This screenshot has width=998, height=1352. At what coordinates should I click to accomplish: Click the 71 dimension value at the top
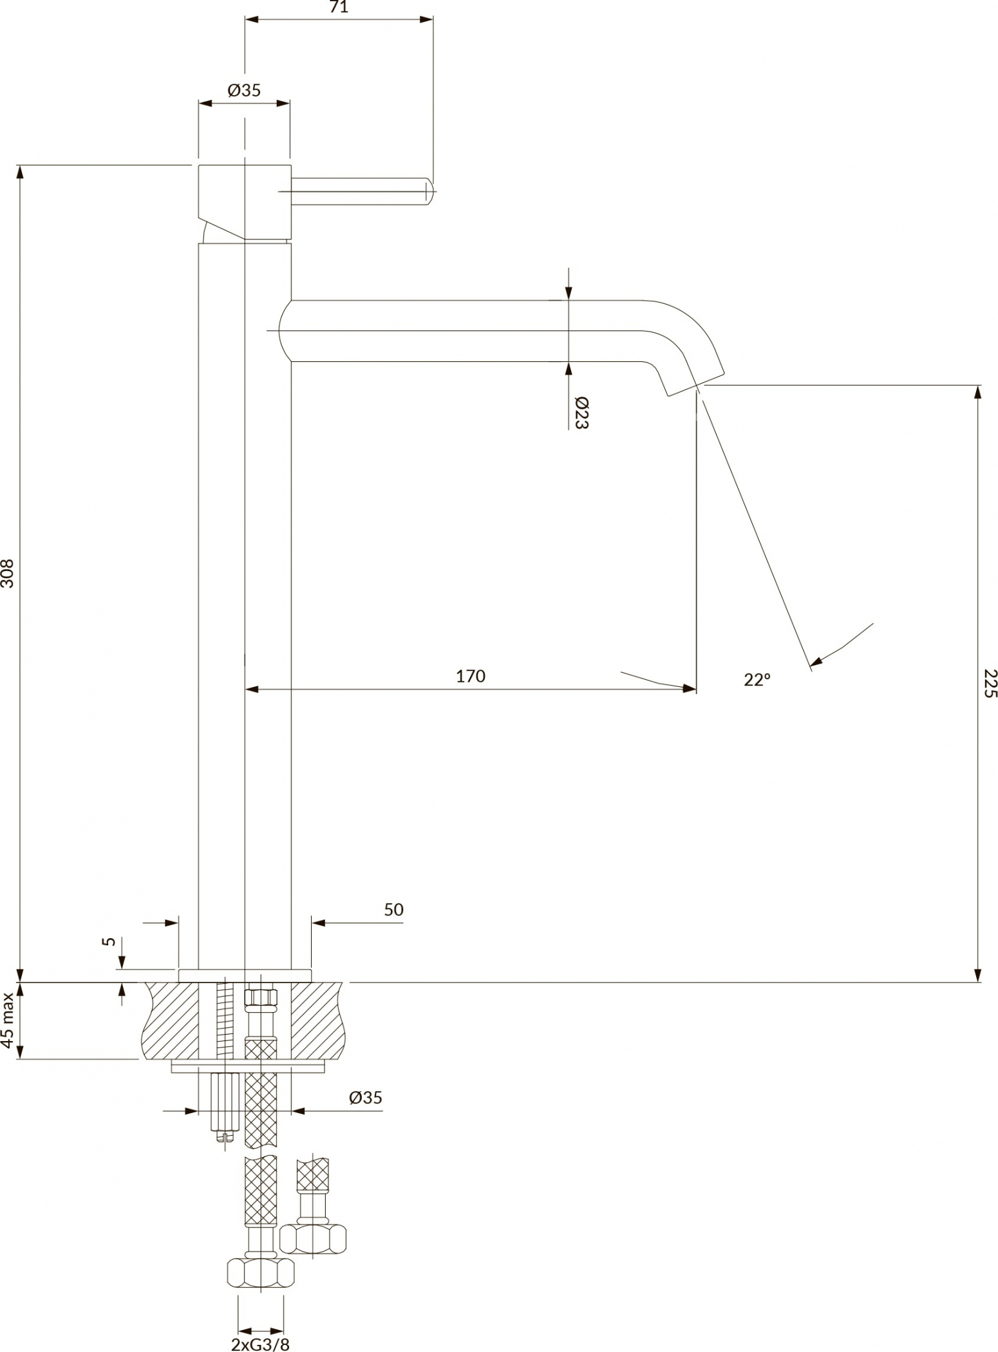coord(339,7)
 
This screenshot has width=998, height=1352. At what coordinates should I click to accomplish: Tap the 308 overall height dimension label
coord(8,572)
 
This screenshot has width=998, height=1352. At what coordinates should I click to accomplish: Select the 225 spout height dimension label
coord(990,684)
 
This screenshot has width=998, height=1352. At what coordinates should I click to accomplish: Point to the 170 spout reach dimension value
coord(471,676)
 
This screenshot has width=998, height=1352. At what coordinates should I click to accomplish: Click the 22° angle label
coord(757,679)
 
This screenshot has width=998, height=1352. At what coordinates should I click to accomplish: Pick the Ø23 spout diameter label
coord(581,413)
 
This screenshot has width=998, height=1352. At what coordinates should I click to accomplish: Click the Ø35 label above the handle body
coord(244,90)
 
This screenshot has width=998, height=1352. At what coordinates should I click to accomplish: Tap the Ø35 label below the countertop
coord(366,1098)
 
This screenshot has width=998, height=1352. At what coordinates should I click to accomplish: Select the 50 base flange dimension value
coord(393,909)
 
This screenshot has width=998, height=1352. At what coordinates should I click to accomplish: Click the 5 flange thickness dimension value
coord(109,941)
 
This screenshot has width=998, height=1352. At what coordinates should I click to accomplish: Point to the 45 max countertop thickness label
coord(8,1020)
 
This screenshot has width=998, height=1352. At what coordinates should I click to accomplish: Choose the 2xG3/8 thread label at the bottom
coord(260,1344)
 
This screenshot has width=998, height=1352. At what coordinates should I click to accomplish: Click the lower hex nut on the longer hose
coord(261,1272)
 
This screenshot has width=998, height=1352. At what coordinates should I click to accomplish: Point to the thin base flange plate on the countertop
coord(245,975)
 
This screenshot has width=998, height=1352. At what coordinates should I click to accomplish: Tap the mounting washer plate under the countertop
coord(248,1068)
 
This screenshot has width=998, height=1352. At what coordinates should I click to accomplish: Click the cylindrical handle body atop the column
coord(245,202)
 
